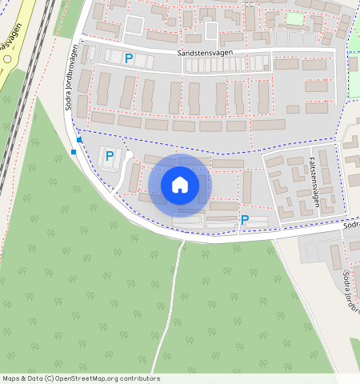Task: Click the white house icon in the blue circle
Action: point(180,185)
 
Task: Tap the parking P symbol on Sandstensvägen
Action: point(128,58)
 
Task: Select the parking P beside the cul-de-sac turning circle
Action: point(110,156)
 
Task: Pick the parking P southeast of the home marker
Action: point(245,220)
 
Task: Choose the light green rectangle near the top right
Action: point(294,18)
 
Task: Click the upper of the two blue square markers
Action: point(79,140)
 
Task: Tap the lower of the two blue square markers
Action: point(74,151)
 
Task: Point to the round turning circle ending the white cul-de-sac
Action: point(127,154)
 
